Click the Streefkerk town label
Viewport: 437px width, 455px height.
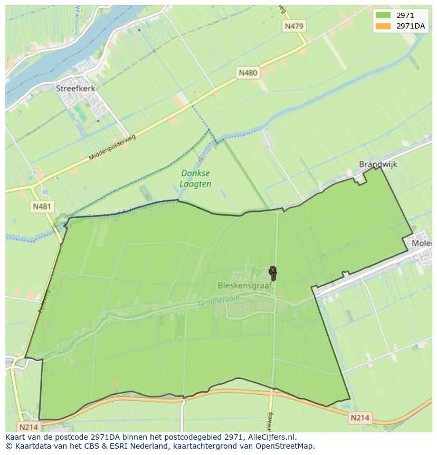pos(75,89)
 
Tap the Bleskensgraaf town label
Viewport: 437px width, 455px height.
pos(244,285)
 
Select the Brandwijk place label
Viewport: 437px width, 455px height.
pos(378,164)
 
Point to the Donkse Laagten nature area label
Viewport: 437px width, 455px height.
pos(196,179)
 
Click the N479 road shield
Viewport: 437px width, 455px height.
pos(294,26)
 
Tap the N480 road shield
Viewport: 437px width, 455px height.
pos(248,73)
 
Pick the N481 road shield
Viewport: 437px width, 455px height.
pos(42,207)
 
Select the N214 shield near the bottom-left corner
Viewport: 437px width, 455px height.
pos(28,426)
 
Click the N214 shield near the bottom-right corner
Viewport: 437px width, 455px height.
pos(360,418)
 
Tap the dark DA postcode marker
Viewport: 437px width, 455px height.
pos(273,273)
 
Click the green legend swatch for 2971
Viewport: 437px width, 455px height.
pos(383,15)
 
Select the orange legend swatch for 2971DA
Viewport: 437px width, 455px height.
pos(383,26)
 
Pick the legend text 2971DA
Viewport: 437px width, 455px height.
pos(411,26)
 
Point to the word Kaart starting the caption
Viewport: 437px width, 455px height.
pos(16,437)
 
